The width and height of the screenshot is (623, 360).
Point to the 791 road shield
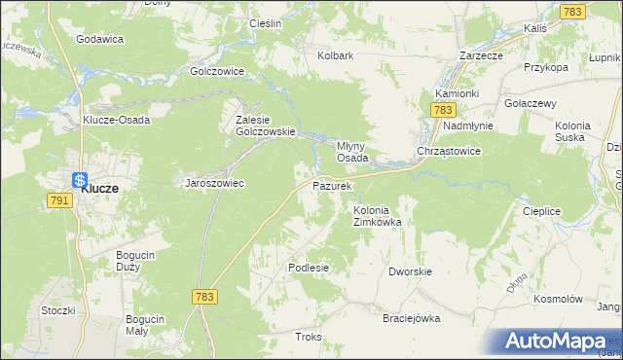pyautogui.click(x=57, y=198)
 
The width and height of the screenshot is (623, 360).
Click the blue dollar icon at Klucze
pyautogui.click(x=79, y=180)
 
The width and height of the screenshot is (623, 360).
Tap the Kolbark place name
pyautogui.click(x=335, y=55)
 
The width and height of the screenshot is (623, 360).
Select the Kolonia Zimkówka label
pyautogui.click(x=378, y=215)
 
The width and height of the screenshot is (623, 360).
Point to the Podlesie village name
pyautogui.click(x=309, y=267)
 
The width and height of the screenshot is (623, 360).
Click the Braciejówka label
pyautogui.click(x=412, y=318)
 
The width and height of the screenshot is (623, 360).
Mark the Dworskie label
pyautogui.click(x=409, y=272)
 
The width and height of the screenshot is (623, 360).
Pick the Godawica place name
pyautogui.click(x=99, y=39)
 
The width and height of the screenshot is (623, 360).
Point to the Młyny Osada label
pyautogui.click(x=351, y=151)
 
